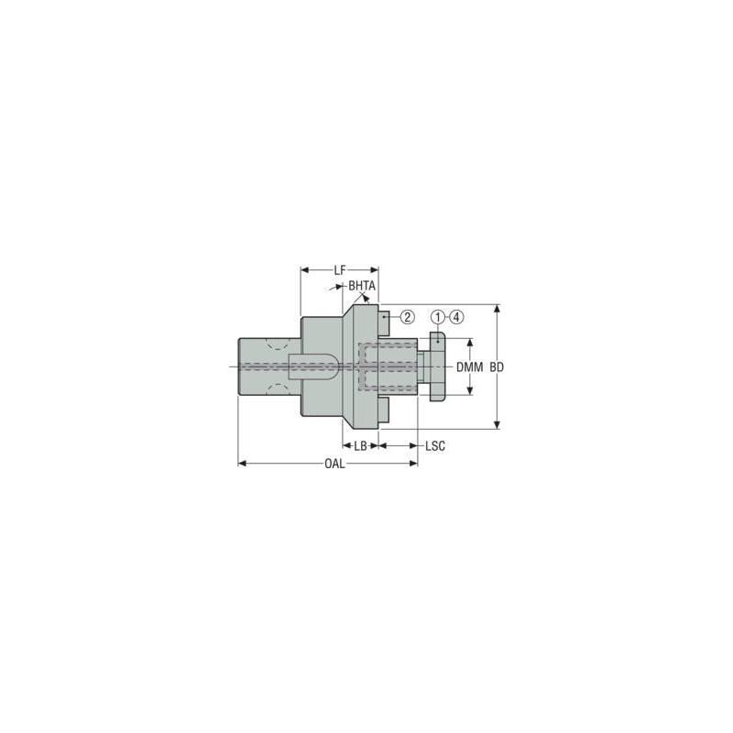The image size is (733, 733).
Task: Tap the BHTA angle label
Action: [x=362, y=286]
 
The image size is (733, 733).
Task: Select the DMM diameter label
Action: [x=469, y=366]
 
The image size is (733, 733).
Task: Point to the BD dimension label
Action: [x=497, y=366]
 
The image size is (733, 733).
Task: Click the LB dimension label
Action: [x=361, y=445]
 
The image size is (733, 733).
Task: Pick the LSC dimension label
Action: [x=436, y=445]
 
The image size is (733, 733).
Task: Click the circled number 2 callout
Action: [x=407, y=317]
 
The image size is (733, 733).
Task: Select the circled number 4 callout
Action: [x=457, y=317]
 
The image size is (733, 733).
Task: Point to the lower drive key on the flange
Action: [x=385, y=413]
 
